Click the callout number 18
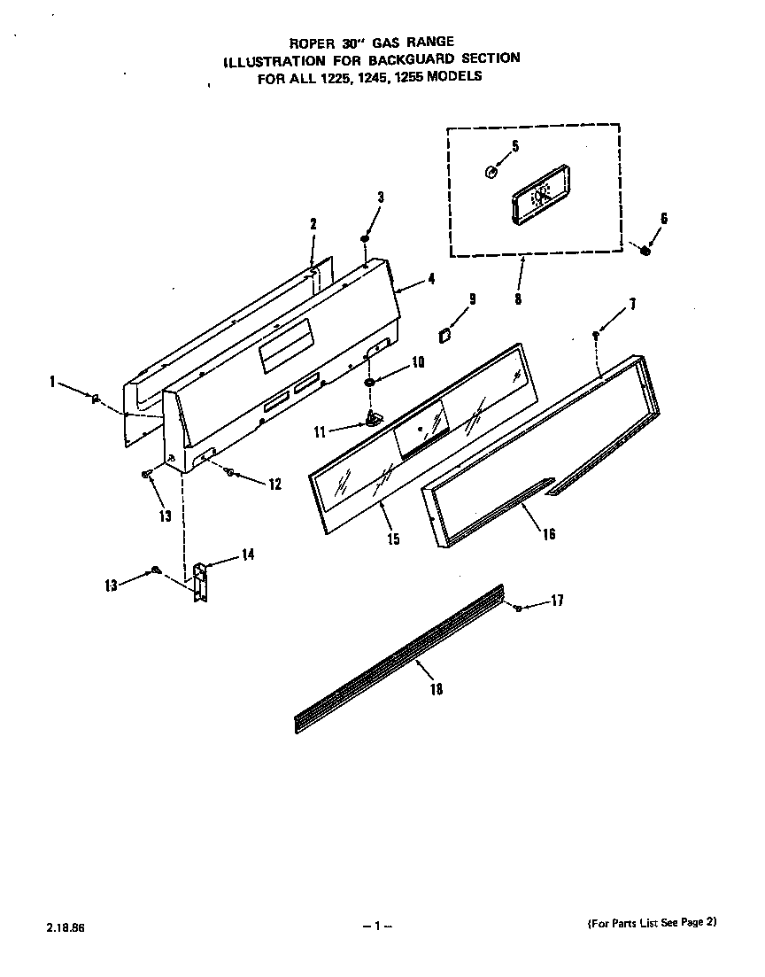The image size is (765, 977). (436, 689)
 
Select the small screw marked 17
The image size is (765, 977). (517, 607)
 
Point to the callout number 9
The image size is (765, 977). (472, 299)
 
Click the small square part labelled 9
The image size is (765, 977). (444, 334)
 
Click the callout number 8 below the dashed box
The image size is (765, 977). (517, 299)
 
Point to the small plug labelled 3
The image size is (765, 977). (365, 239)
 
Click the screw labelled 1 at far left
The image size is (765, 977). (95, 399)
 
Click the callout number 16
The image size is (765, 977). (549, 534)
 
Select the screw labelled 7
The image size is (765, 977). (597, 335)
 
